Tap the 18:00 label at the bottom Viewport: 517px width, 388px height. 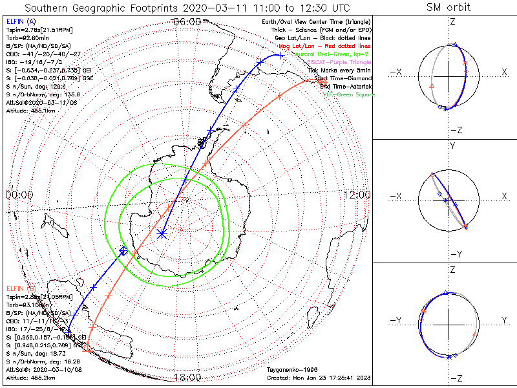[x=187, y=377]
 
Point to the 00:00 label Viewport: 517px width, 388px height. [x=19, y=195]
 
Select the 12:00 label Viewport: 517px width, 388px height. [x=357, y=195]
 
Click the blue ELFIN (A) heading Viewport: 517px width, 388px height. [x=22, y=21]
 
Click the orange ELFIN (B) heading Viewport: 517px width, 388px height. [x=22, y=286]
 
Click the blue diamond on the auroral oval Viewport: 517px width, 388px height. [x=123, y=250]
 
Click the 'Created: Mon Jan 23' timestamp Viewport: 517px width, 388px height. [x=317, y=376]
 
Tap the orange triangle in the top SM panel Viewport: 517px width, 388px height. [x=432, y=85]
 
